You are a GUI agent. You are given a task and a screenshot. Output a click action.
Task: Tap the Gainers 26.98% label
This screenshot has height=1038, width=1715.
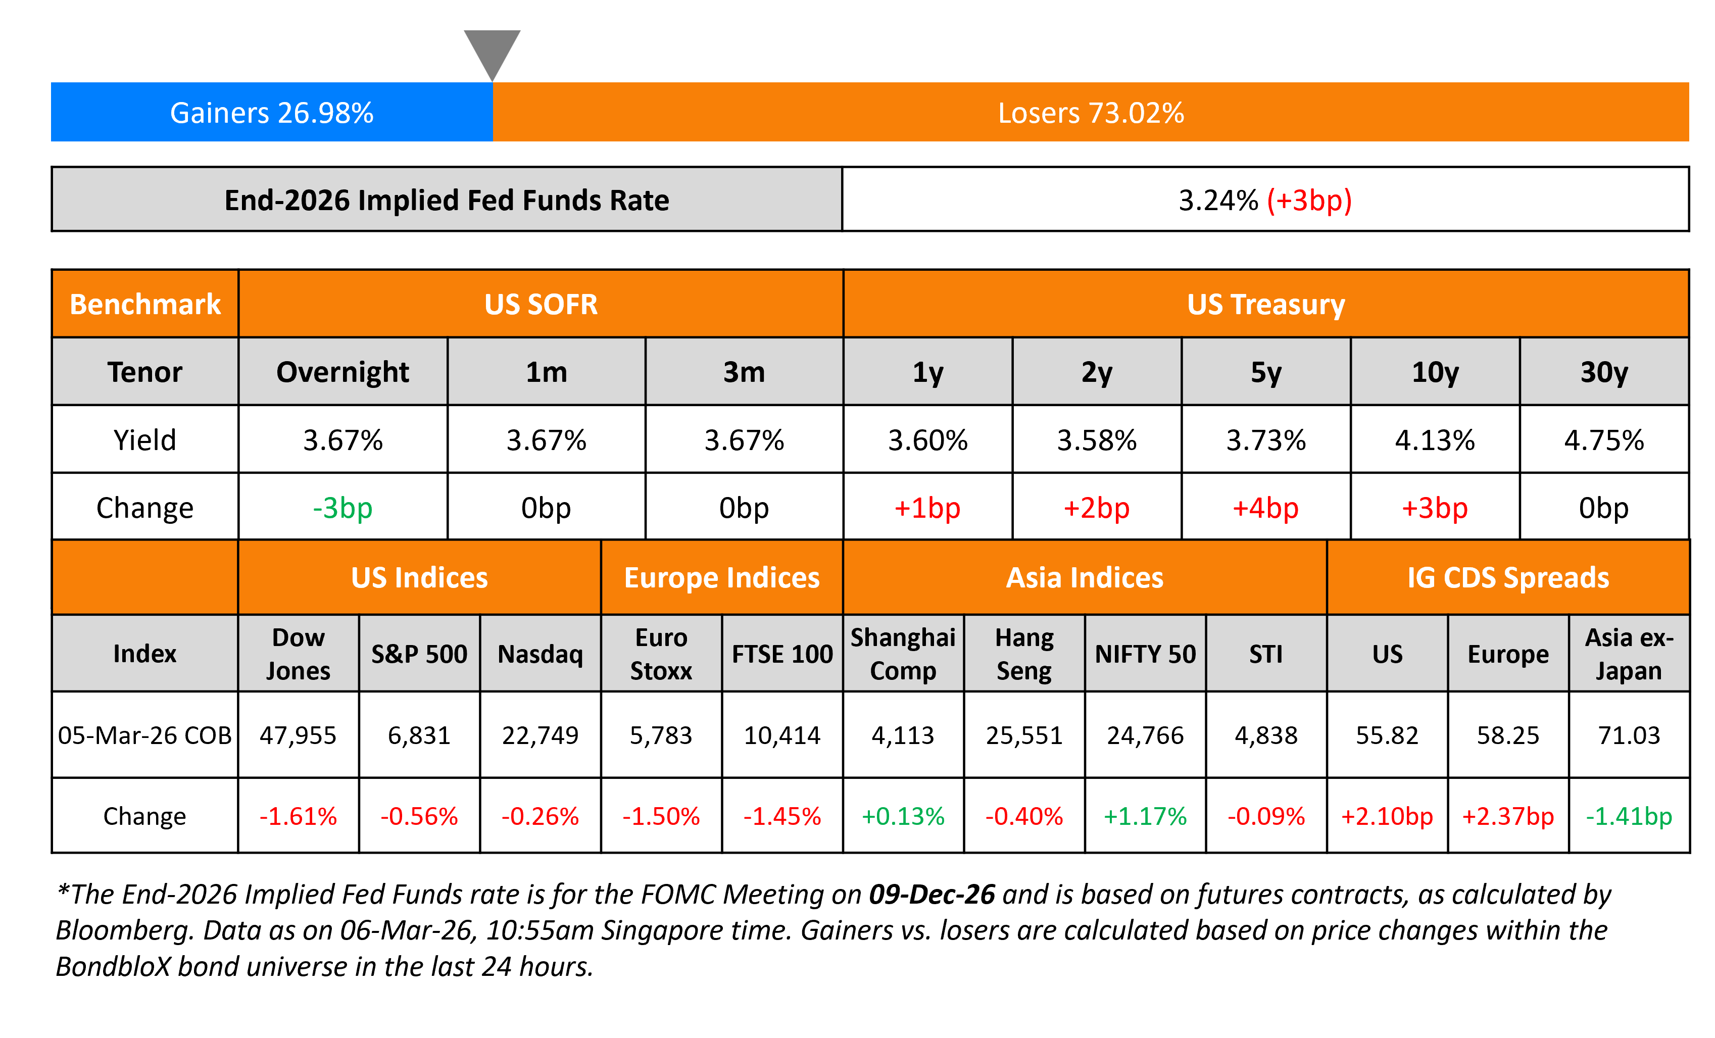271,113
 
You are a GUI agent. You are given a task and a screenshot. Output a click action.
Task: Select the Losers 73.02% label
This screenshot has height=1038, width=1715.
1091,113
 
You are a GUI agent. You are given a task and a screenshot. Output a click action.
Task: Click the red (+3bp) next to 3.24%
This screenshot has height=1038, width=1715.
1308,201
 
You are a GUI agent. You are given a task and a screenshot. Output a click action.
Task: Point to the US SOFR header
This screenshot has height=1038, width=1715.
541,304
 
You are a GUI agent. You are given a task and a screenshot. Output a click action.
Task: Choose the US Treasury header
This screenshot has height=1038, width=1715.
1265,304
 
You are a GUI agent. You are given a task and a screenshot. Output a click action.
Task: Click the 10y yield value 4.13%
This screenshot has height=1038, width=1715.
1435,440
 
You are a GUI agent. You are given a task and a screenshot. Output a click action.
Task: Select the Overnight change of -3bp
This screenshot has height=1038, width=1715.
342,508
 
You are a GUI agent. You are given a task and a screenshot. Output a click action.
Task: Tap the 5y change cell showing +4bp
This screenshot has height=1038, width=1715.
1265,508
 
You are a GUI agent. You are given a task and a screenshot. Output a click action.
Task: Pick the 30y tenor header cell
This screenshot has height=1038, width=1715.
1604,372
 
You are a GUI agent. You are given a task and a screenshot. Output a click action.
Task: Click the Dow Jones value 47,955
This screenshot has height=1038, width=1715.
298,735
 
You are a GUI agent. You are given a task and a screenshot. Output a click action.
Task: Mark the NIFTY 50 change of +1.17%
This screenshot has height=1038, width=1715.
1145,816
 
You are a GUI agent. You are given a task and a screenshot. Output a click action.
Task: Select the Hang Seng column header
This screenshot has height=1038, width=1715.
1024,654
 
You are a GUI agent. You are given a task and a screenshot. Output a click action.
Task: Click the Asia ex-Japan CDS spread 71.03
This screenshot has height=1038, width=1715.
1629,735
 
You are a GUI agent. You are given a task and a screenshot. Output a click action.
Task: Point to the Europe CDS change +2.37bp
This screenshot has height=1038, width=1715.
1507,816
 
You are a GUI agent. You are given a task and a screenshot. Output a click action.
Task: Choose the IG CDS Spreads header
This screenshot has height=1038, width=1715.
1507,578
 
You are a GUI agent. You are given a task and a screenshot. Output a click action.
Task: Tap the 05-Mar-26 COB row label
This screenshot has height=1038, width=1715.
145,735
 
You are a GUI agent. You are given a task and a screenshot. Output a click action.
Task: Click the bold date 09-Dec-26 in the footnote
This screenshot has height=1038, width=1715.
932,895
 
